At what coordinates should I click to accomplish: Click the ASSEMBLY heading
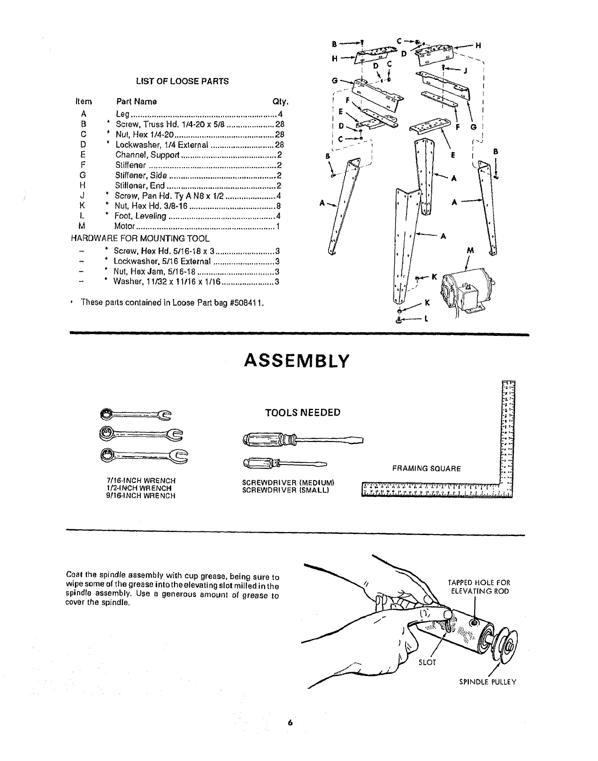[296, 361]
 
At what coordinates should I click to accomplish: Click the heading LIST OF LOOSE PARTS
[182, 81]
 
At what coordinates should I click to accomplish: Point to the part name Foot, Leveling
[141, 216]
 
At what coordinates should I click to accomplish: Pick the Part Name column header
[136, 101]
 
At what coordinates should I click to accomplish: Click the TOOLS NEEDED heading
[302, 413]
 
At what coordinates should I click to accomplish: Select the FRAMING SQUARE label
[427, 468]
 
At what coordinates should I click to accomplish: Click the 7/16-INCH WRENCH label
[141, 481]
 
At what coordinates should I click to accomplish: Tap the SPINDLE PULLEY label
[487, 682]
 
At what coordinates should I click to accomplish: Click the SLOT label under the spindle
[427, 663]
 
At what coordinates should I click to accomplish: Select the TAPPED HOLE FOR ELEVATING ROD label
[480, 587]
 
